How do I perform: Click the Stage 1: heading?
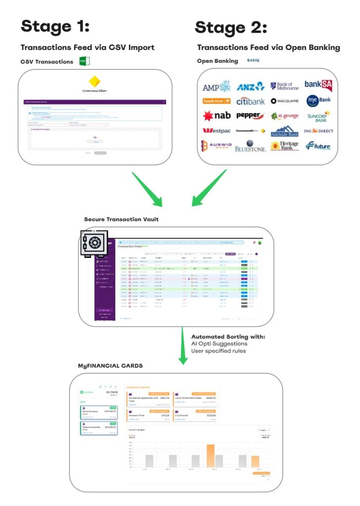click(55, 26)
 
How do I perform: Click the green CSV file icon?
click(84, 61)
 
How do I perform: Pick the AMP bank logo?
click(217, 87)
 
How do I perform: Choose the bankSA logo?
click(318, 86)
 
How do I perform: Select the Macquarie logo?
click(285, 101)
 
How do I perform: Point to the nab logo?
click(216, 116)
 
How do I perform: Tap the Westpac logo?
click(216, 131)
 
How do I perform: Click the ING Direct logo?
click(319, 131)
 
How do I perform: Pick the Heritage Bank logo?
click(285, 146)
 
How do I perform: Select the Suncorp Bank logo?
click(318, 117)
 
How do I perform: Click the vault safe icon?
click(93, 243)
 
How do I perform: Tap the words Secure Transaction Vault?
click(121, 219)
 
